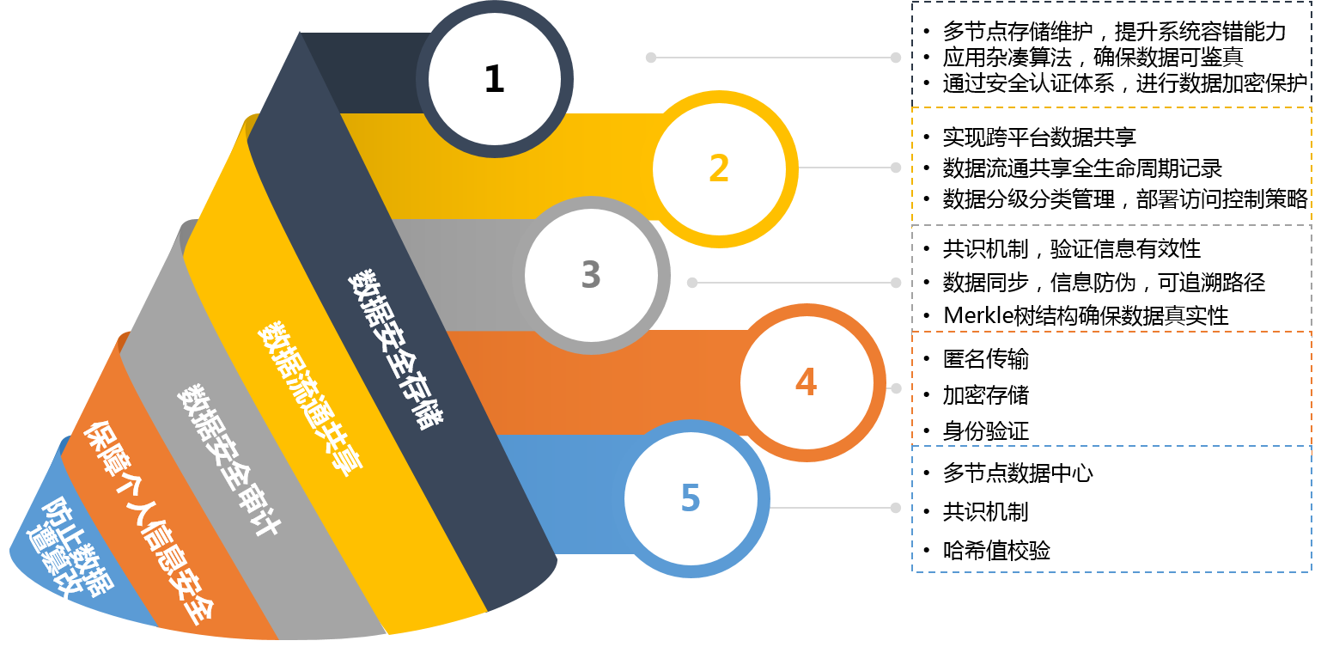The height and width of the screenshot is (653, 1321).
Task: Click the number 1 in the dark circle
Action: tap(494, 79)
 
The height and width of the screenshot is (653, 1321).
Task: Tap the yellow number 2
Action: tap(719, 168)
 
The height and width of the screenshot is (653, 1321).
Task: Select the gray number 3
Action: tap(590, 275)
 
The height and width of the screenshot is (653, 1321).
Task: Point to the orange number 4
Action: tap(806, 381)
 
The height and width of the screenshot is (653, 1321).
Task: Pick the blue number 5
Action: tap(691, 498)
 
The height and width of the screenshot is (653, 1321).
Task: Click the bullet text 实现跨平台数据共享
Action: tap(1039, 137)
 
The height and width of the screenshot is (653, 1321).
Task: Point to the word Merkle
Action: tap(974, 315)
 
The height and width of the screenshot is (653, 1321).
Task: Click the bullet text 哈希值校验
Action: tap(996, 551)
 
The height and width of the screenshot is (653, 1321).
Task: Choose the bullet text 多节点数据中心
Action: tap(1018, 473)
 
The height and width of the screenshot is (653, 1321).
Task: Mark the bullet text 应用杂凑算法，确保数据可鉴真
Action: tap(1093, 58)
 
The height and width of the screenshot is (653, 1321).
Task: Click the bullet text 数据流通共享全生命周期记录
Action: tap(1082, 168)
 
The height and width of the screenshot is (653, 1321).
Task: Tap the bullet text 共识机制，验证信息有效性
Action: tap(1071, 249)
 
